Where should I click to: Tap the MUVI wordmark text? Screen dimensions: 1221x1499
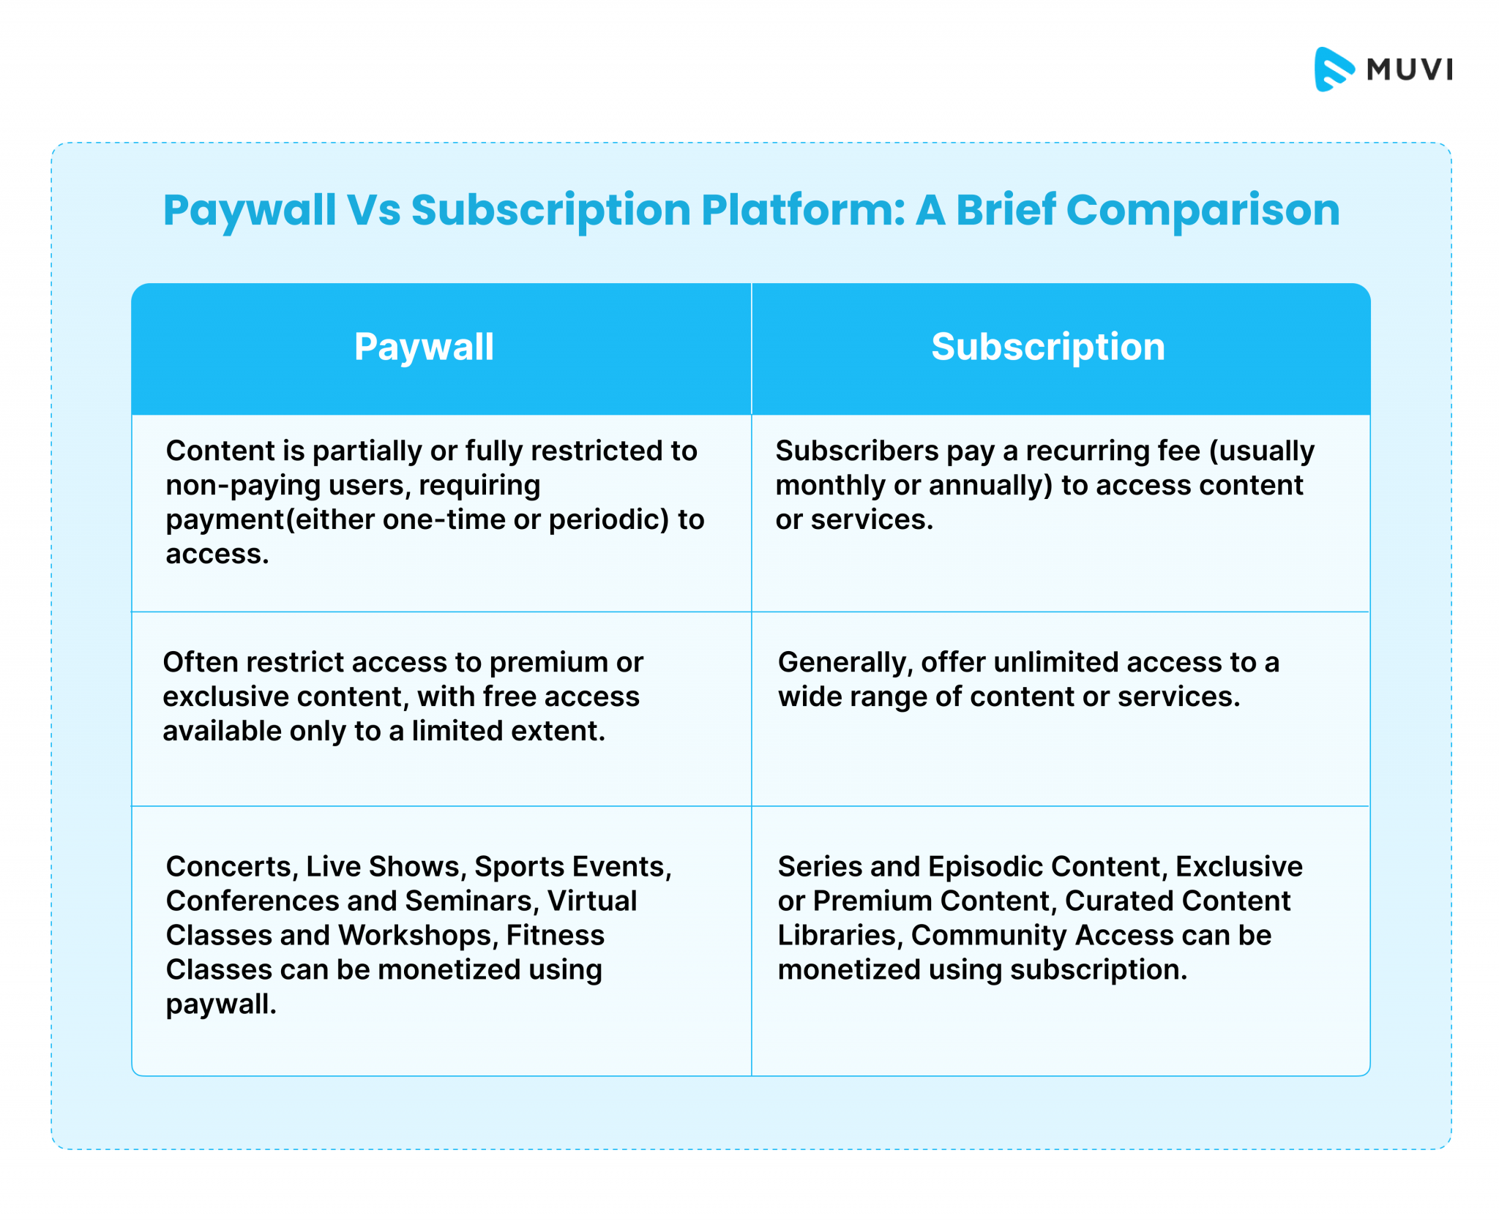1409,69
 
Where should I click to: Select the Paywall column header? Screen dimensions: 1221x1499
424,347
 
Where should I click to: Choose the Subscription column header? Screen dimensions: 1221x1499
1047,347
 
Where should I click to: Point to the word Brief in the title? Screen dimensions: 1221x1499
1005,211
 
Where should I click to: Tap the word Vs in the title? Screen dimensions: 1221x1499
373,211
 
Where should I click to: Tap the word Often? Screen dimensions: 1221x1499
199,662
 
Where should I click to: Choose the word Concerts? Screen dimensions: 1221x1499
229,867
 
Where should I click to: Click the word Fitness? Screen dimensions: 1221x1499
556,936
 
